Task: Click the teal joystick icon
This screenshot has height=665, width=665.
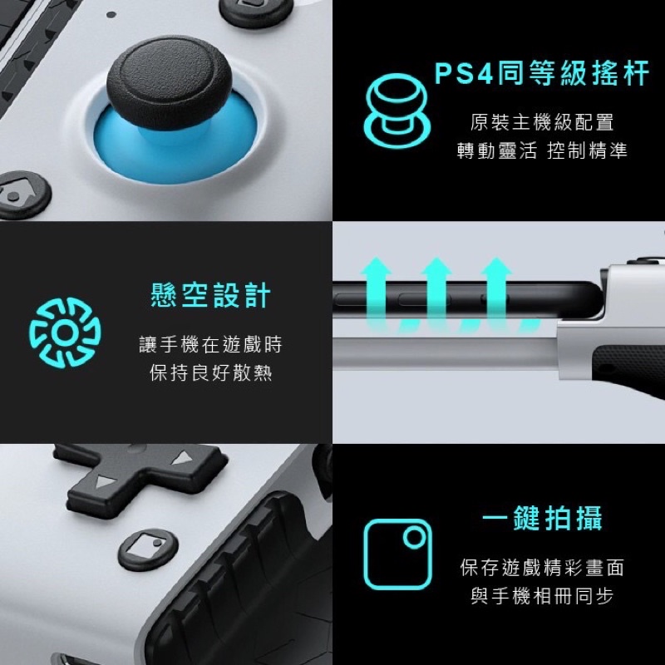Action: click(x=397, y=111)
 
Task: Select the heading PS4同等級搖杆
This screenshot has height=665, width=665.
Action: click(x=542, y=73)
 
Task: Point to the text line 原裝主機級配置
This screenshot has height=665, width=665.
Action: click(x=542, y=122)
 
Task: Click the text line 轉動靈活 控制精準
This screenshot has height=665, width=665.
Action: click(x=542, y=150)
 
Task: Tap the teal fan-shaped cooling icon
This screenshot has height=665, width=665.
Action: click(x=66, y=332)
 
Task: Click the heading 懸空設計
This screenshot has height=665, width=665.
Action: click(x=211, y=295)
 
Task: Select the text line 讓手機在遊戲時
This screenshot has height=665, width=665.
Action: click(x=211, y=344)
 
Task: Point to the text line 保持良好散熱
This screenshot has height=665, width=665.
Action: click(x=211, y=372)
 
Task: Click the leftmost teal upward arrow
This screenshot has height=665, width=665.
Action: click(x=377, y=293)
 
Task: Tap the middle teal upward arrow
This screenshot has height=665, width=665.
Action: click(x=436, y=293)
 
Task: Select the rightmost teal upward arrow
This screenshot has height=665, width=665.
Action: click(x=496, y=293)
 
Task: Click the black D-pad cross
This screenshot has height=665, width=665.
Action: click(x=140, y=475)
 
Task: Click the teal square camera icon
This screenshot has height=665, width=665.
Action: click(x=397, y=554)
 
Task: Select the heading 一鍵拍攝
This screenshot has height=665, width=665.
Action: click(x=542, y=518)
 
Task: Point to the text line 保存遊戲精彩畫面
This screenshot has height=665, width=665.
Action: click(x=542, y=568)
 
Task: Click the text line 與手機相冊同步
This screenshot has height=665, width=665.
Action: click(x=542, y=596)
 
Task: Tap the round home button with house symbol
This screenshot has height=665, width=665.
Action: click(x=22, y=195)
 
